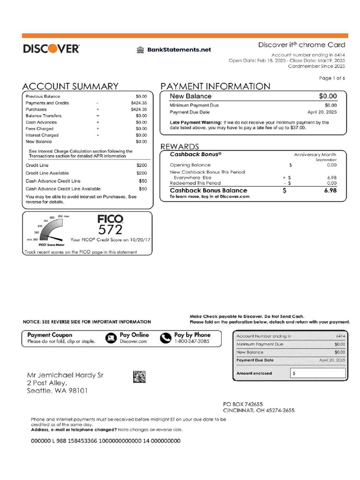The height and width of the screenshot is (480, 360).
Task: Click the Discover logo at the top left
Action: (x=51, y=48)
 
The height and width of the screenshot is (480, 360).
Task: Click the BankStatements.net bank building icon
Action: (x=140, y=50)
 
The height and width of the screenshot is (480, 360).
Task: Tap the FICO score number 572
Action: (x=110, y=229)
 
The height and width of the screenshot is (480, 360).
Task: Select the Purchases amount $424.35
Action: (x=139, y=109)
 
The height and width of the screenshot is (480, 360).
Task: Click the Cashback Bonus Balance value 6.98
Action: (x=330, y=191)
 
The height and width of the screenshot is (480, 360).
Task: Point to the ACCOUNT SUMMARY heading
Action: (x=70, y=86)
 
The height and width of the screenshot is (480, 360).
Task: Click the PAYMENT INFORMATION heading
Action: (x=215, y=86)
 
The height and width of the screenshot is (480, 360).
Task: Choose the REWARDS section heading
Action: (x=180, y=147)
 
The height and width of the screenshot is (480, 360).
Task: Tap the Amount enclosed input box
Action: (x=317, y=374)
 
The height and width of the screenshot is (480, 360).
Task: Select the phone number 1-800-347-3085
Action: (x=192, y=342)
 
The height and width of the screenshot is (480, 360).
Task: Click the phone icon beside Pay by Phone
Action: (x=166, y=338)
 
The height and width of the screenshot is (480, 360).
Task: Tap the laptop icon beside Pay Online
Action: (x=111, y=338)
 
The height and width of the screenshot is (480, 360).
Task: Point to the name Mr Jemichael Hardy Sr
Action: (x=65, y=375)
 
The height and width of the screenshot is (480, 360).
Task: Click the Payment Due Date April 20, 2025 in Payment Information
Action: (x=322, y=112)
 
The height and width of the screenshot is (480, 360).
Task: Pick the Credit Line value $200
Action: (x=142, y=165)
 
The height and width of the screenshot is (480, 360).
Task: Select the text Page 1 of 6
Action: (x=332, y=78)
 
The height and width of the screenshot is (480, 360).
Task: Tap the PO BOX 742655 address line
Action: (x=243, y=404)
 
